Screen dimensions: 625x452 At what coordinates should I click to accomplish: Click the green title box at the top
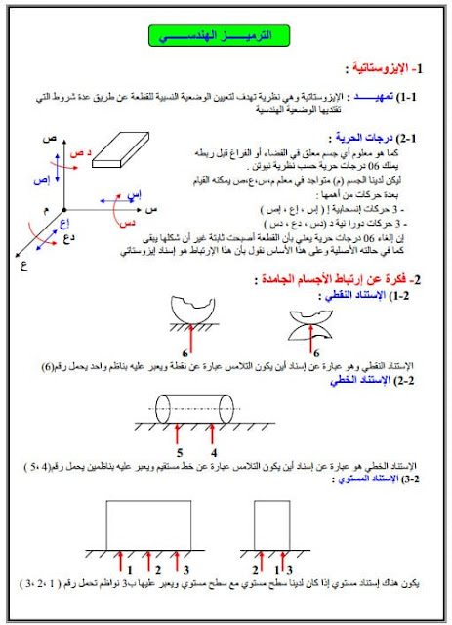[x=225, y=35]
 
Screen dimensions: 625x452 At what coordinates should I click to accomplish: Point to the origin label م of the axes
[x=45, y=210]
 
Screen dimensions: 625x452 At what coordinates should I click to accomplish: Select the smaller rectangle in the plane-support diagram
[x=276, y=525]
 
